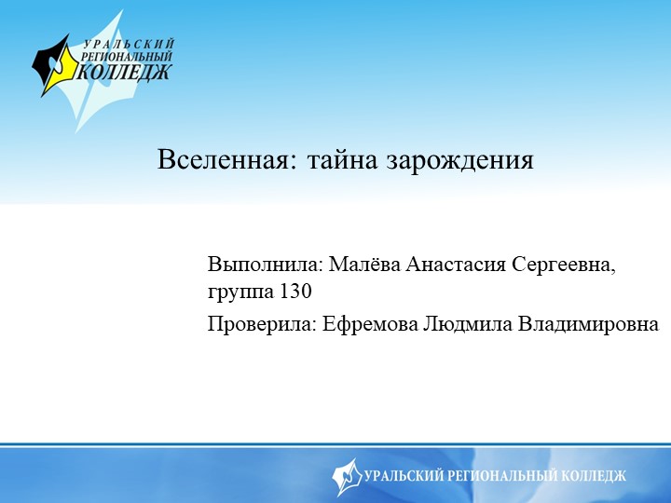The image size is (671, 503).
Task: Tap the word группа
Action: [x=240, y=292]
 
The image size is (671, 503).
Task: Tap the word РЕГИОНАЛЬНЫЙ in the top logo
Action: [x=127, y=57]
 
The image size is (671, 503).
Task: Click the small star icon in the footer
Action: [x=347, y=476]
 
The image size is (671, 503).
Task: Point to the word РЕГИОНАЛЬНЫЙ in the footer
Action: [x=503, y=476]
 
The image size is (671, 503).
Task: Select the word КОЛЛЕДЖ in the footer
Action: [x=594, y=476]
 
